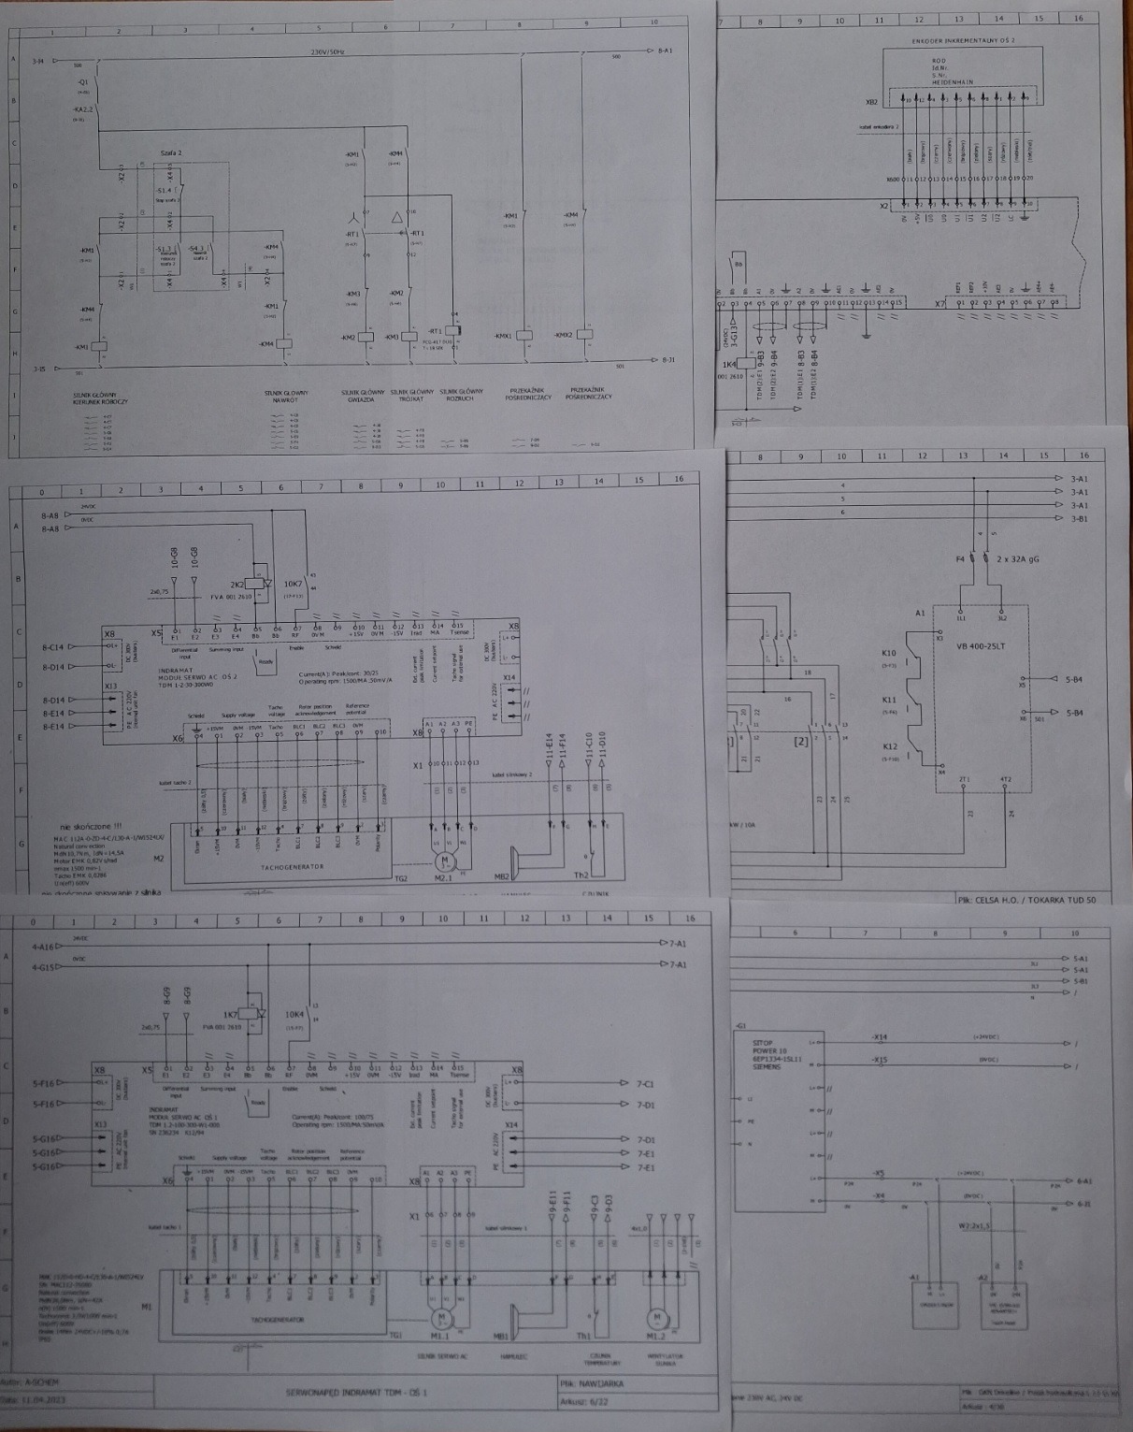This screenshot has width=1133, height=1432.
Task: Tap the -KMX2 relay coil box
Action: click(x=586, y=334)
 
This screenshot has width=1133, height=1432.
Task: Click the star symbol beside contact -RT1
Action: click(x=353, y=216)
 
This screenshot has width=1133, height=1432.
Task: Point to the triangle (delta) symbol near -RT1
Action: click(x=399, y=216)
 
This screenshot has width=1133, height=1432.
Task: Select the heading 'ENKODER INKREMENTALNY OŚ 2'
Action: click(x=961, y=41)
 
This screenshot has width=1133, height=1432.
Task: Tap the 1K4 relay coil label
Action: click(x=728, y=364)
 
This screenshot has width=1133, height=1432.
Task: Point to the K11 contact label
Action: click(x=889, y=700)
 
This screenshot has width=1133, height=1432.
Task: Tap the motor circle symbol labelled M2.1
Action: click(x=445, y=859)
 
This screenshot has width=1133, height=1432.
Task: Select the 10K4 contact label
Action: click(x=295, y=1014)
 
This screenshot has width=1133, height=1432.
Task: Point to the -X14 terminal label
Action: click(x=880, y=1036)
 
